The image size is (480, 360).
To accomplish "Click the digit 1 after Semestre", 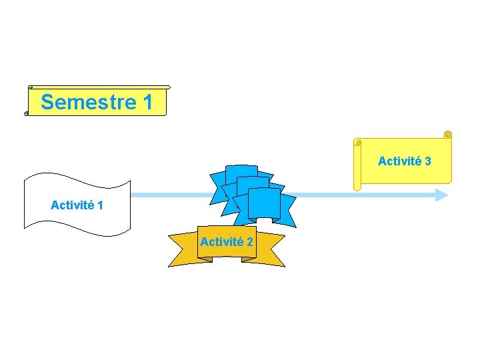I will (147, 103).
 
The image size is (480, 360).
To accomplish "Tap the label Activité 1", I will (77, 205).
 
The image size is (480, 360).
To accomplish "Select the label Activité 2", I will (226, 242).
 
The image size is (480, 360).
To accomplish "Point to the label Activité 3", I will (404, 161).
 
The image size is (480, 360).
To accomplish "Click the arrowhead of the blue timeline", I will (442, 195).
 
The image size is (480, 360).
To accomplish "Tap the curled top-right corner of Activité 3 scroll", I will (447, 135).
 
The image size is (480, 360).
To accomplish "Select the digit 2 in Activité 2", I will (249, 242).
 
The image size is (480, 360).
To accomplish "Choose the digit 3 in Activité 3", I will (427, 161).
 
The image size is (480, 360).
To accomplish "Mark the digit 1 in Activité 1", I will (100, 205).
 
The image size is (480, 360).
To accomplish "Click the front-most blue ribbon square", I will (264, 204).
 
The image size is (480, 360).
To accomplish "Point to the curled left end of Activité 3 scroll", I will (357, 164).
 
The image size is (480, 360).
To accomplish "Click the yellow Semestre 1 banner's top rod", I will (100, 87).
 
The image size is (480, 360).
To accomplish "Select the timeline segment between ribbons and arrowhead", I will (360, 195).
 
